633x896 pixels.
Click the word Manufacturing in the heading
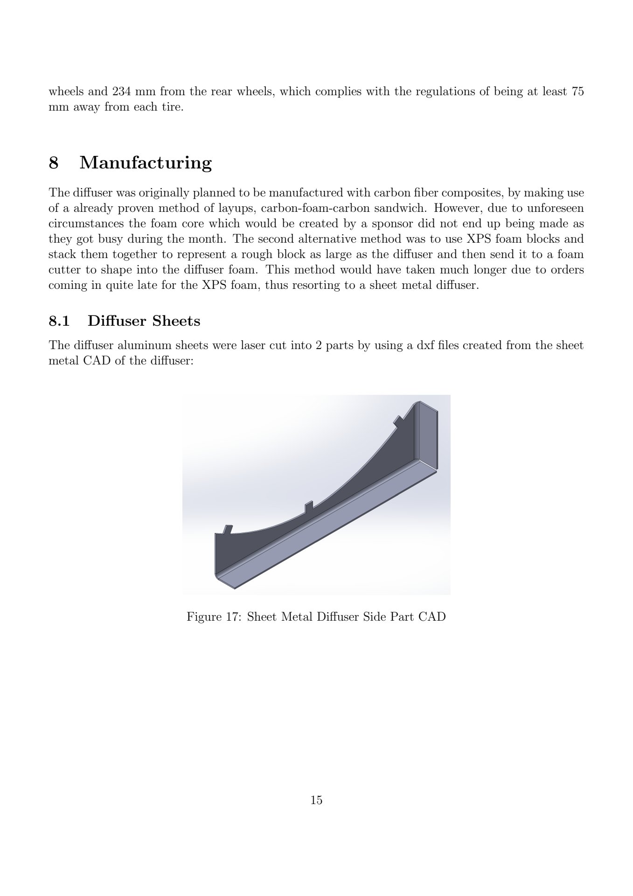click(x=146, y=163)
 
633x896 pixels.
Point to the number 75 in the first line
click(x=577, y=91)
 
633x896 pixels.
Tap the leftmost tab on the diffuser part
click(x=228, y=530)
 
